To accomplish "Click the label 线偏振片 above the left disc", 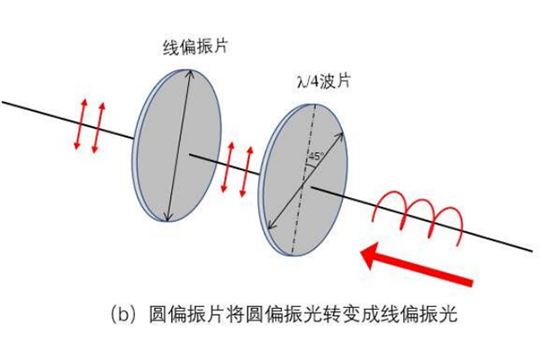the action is click(195, 47).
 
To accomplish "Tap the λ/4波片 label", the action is click(323, 81).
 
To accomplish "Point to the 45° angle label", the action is click(314, 157).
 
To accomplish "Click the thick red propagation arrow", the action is click(418, 265).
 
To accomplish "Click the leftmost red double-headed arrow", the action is click(81, 124).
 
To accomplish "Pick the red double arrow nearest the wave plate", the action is click(247, 172).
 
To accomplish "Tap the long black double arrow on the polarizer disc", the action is click(178, 145).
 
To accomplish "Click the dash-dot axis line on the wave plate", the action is click(303, 179).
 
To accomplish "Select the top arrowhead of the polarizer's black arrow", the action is click(190, 74).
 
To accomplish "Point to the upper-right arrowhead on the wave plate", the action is click(339, 137).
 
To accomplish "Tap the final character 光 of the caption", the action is click(448, 315).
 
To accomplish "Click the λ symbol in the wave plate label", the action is click(301, 82).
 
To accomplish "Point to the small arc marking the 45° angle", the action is click(312, 165).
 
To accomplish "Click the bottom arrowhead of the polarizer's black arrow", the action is click(166, 217).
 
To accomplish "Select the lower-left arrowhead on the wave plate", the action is click(273, 225).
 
